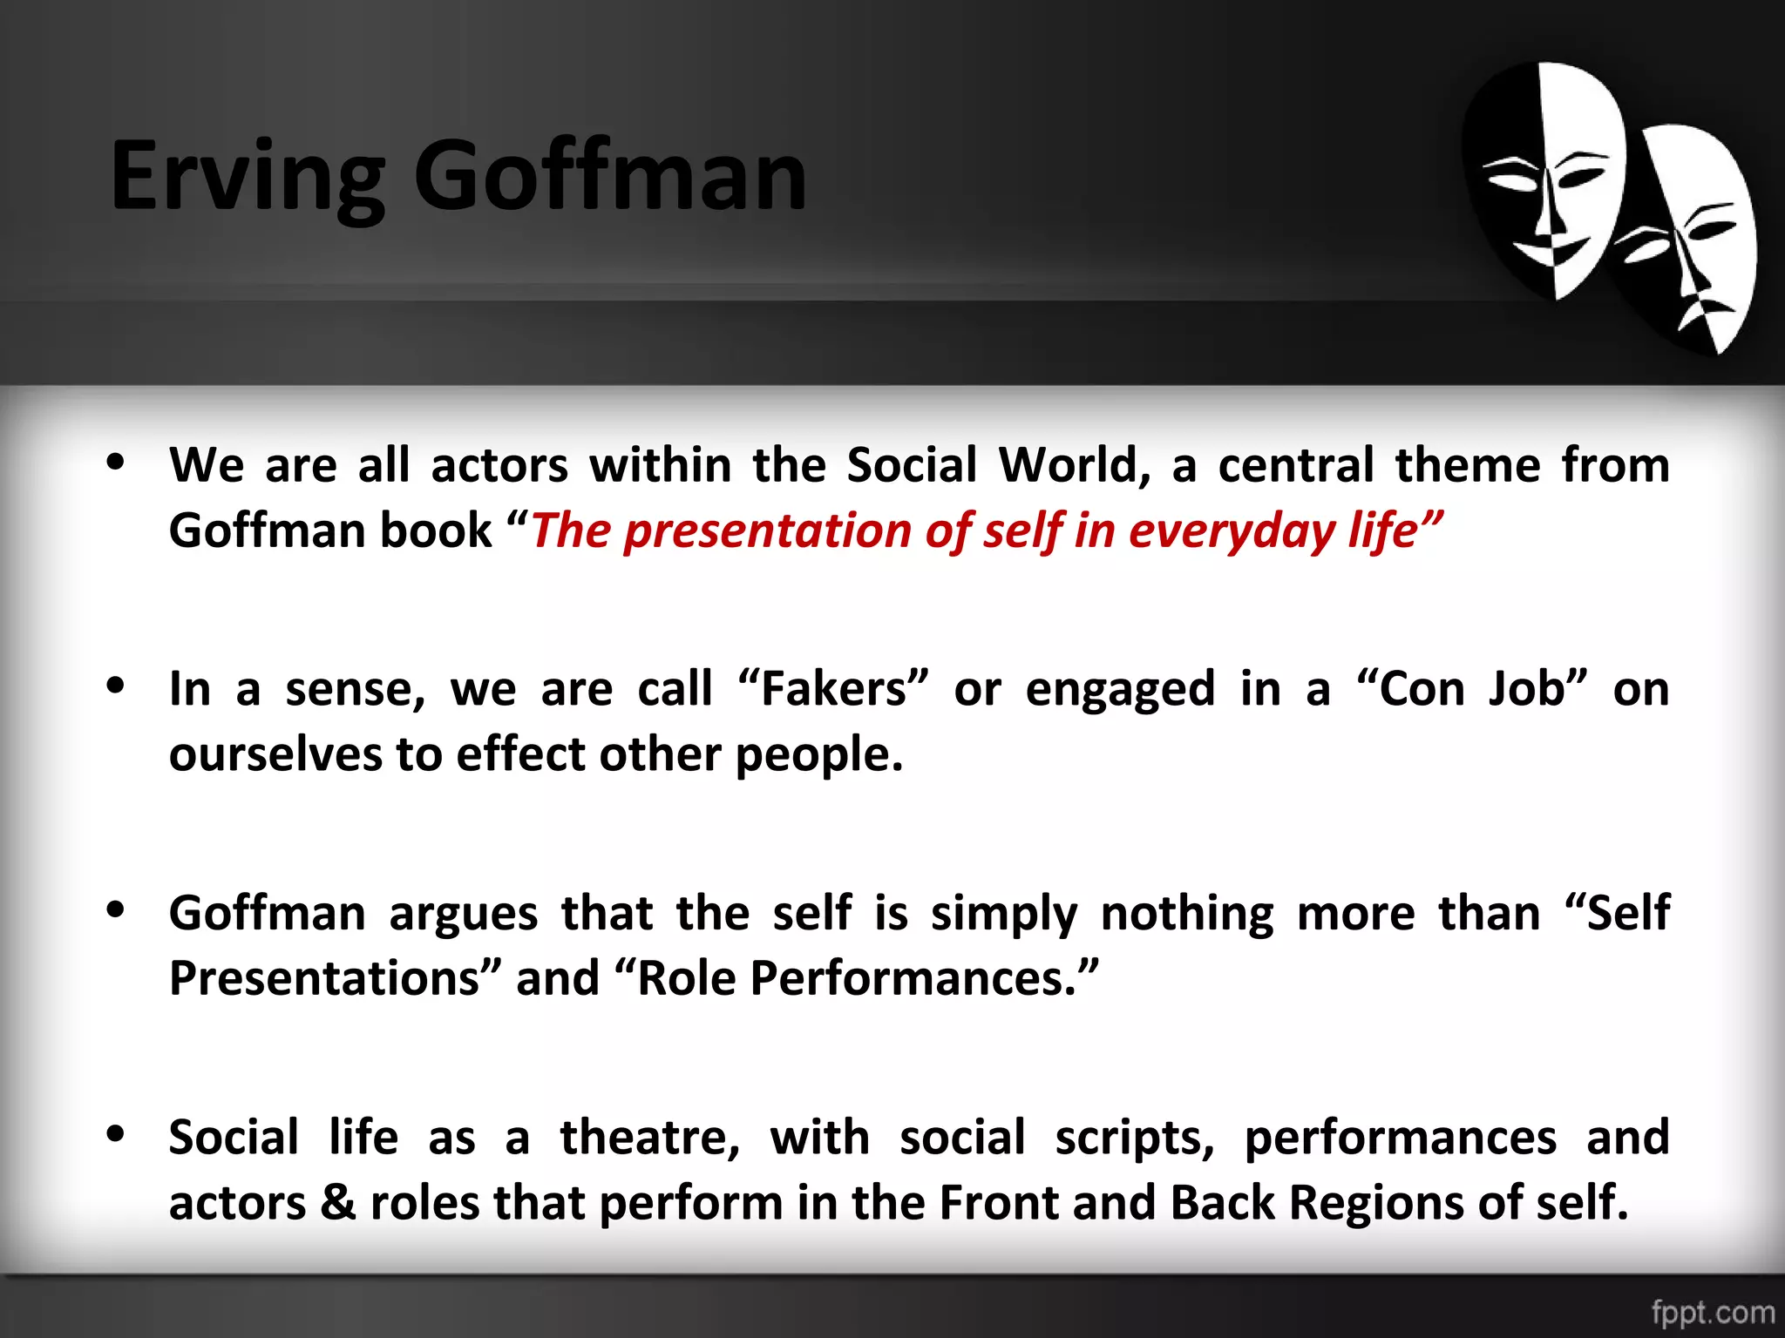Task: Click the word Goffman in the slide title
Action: [x=609, y=177]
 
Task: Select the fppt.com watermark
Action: [x=1713, y=1311]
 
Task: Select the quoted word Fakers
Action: [x=834, y=689]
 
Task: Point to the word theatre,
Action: [x=649, y=1139]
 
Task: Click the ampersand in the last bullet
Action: [x=338, y=1203]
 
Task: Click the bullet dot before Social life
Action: [x=115, y=1133]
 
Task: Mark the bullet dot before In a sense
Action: [x=115, y=686]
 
